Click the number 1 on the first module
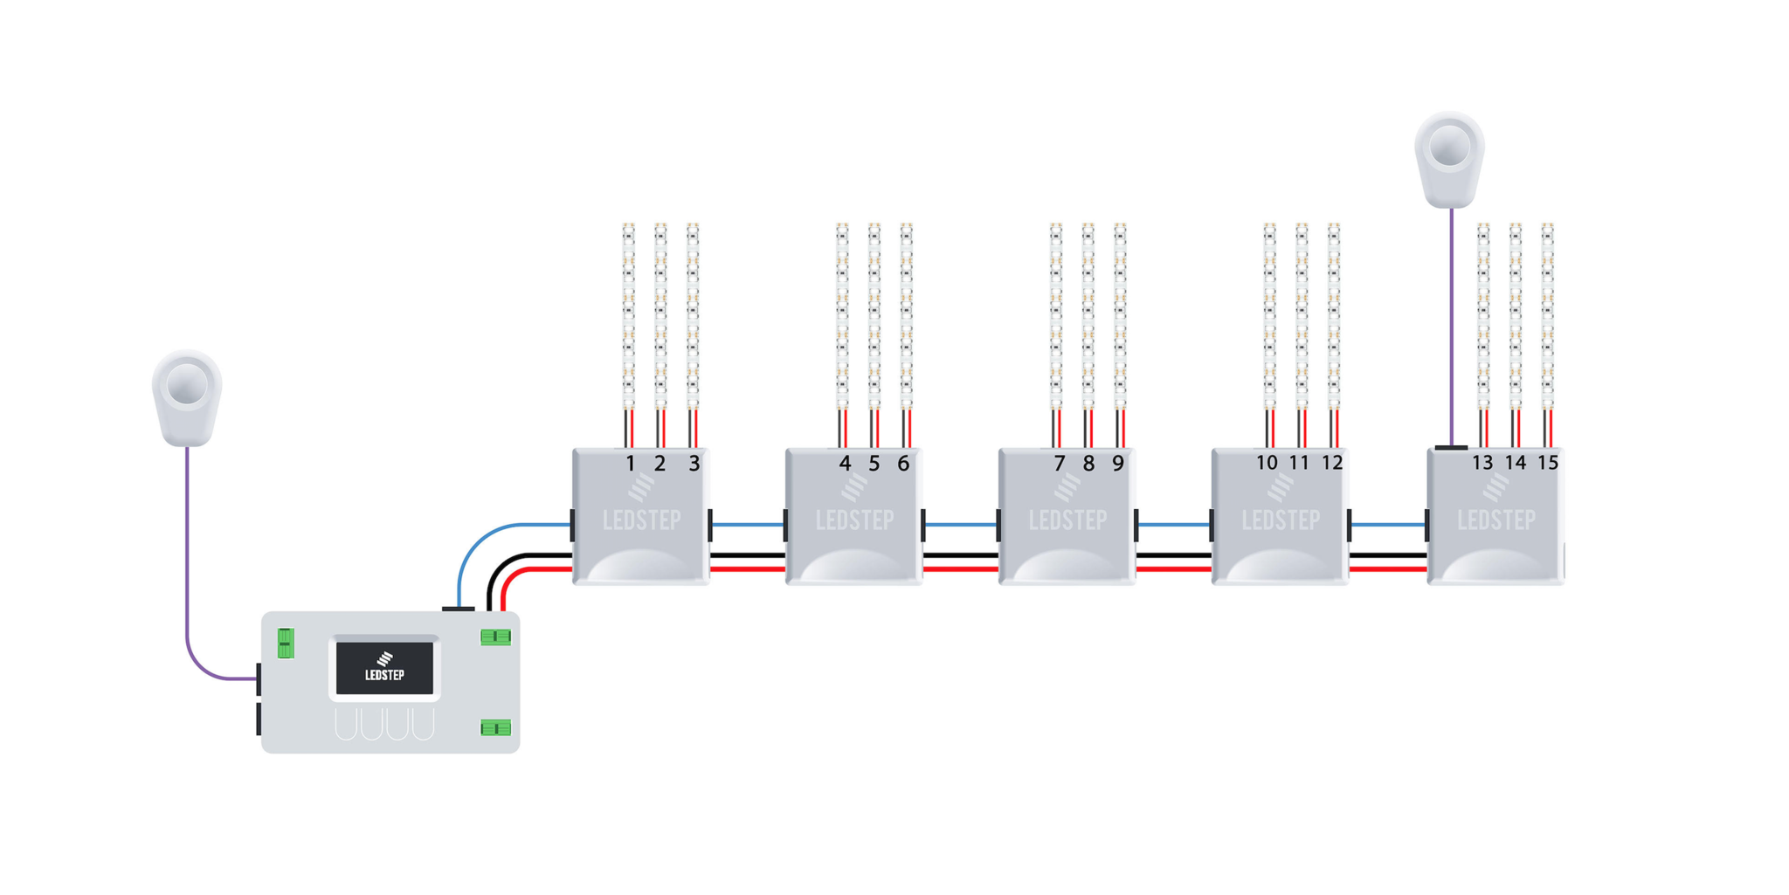[630, 464]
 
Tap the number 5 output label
[874, 464]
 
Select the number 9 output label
[1118, 464]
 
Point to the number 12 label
[1331, 463]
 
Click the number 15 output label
[1548, 463]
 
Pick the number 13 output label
[1482, 463]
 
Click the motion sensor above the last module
[1449, 158]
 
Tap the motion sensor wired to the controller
[187, 396]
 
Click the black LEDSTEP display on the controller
[384, 668]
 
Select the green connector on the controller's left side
[286, 644]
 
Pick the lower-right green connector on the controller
[495, 727]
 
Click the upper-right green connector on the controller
[495, 637]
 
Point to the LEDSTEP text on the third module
[1067, 521]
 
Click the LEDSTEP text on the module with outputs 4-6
[854, 521]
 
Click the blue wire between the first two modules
[748, 525]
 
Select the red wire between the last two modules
[1387, 569]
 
